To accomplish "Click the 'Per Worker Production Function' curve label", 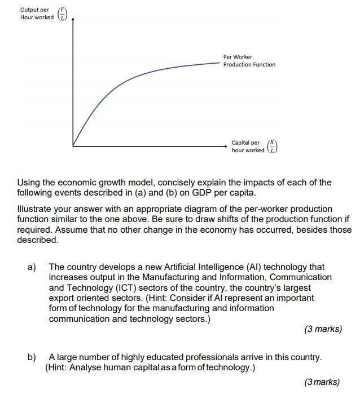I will click(249, 61).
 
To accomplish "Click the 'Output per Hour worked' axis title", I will click(36, 14).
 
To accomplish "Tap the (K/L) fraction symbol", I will click(273, 147).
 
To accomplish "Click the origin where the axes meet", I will click(73, 146).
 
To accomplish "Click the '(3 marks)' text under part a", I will click(323, 329).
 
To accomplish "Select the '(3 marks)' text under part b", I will click(322, 382).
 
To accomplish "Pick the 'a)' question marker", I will click(32, 267).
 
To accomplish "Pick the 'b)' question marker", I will click(32, 357).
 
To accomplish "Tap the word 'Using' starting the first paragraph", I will click(29, 183).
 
